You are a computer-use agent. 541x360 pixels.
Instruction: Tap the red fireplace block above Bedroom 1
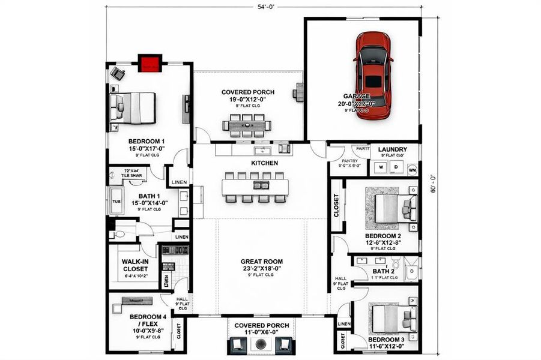click(150, 62)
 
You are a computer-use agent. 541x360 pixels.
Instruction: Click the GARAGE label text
click(357, 96)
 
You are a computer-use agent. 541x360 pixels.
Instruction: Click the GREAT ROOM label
click(261, 262)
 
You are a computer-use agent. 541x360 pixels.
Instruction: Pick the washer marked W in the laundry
click(379, 167)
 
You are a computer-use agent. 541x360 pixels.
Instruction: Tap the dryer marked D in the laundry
click(396, 167)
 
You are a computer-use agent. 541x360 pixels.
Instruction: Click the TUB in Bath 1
click(115, 200)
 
